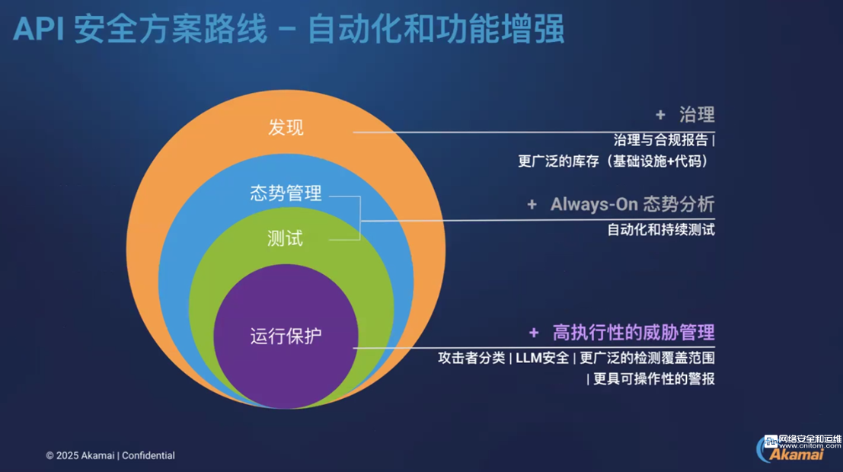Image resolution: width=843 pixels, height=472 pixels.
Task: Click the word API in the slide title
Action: pyautogui.click(x=39, y=28)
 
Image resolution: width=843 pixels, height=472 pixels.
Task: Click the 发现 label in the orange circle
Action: pyautogui.click(x=286, y=128)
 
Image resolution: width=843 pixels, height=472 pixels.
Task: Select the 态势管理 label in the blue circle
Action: pyautogui.click(x=286, y=193)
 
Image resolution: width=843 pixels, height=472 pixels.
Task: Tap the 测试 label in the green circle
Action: pyautogui.click(x=285, y=238)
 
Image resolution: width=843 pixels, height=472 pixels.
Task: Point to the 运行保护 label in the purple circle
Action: pyautogui.click(x=286, y=336)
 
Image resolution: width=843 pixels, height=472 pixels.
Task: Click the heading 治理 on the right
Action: pyautogui.click(x=697, y=114)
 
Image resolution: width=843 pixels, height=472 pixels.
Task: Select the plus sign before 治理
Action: pyautogui.click(x=660, y=115)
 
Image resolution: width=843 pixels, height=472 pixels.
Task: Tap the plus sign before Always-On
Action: pyautogui.click(x=532, y=205)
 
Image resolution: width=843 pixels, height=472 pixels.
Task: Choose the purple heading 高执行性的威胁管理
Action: pyautogui.click(x=634, y=333)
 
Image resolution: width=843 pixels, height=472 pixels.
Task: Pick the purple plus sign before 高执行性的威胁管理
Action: pyautogui.click(x=534, y=333)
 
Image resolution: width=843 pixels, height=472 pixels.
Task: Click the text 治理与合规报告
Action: pyautogui.click(x=661, y=140)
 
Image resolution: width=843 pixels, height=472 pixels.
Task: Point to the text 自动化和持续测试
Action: pyautogui.click(x=661, y=230)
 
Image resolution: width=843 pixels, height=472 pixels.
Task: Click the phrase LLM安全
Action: pyautogui.click(x=542, y=358)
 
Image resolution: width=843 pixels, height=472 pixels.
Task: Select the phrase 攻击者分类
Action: pyautogui.click(x=471, y=358)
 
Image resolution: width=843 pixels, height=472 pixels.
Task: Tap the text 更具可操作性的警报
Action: pyautogui.click(x=653, y=379)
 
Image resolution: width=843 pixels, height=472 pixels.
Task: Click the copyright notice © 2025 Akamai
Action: pyautogui.click(x=80, y=456)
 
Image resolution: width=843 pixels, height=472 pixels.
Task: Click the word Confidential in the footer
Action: pyautogui.click(x=148, y=456)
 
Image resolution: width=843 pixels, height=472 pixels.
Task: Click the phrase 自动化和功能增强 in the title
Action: pyautogui.click(x=436, y=29)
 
